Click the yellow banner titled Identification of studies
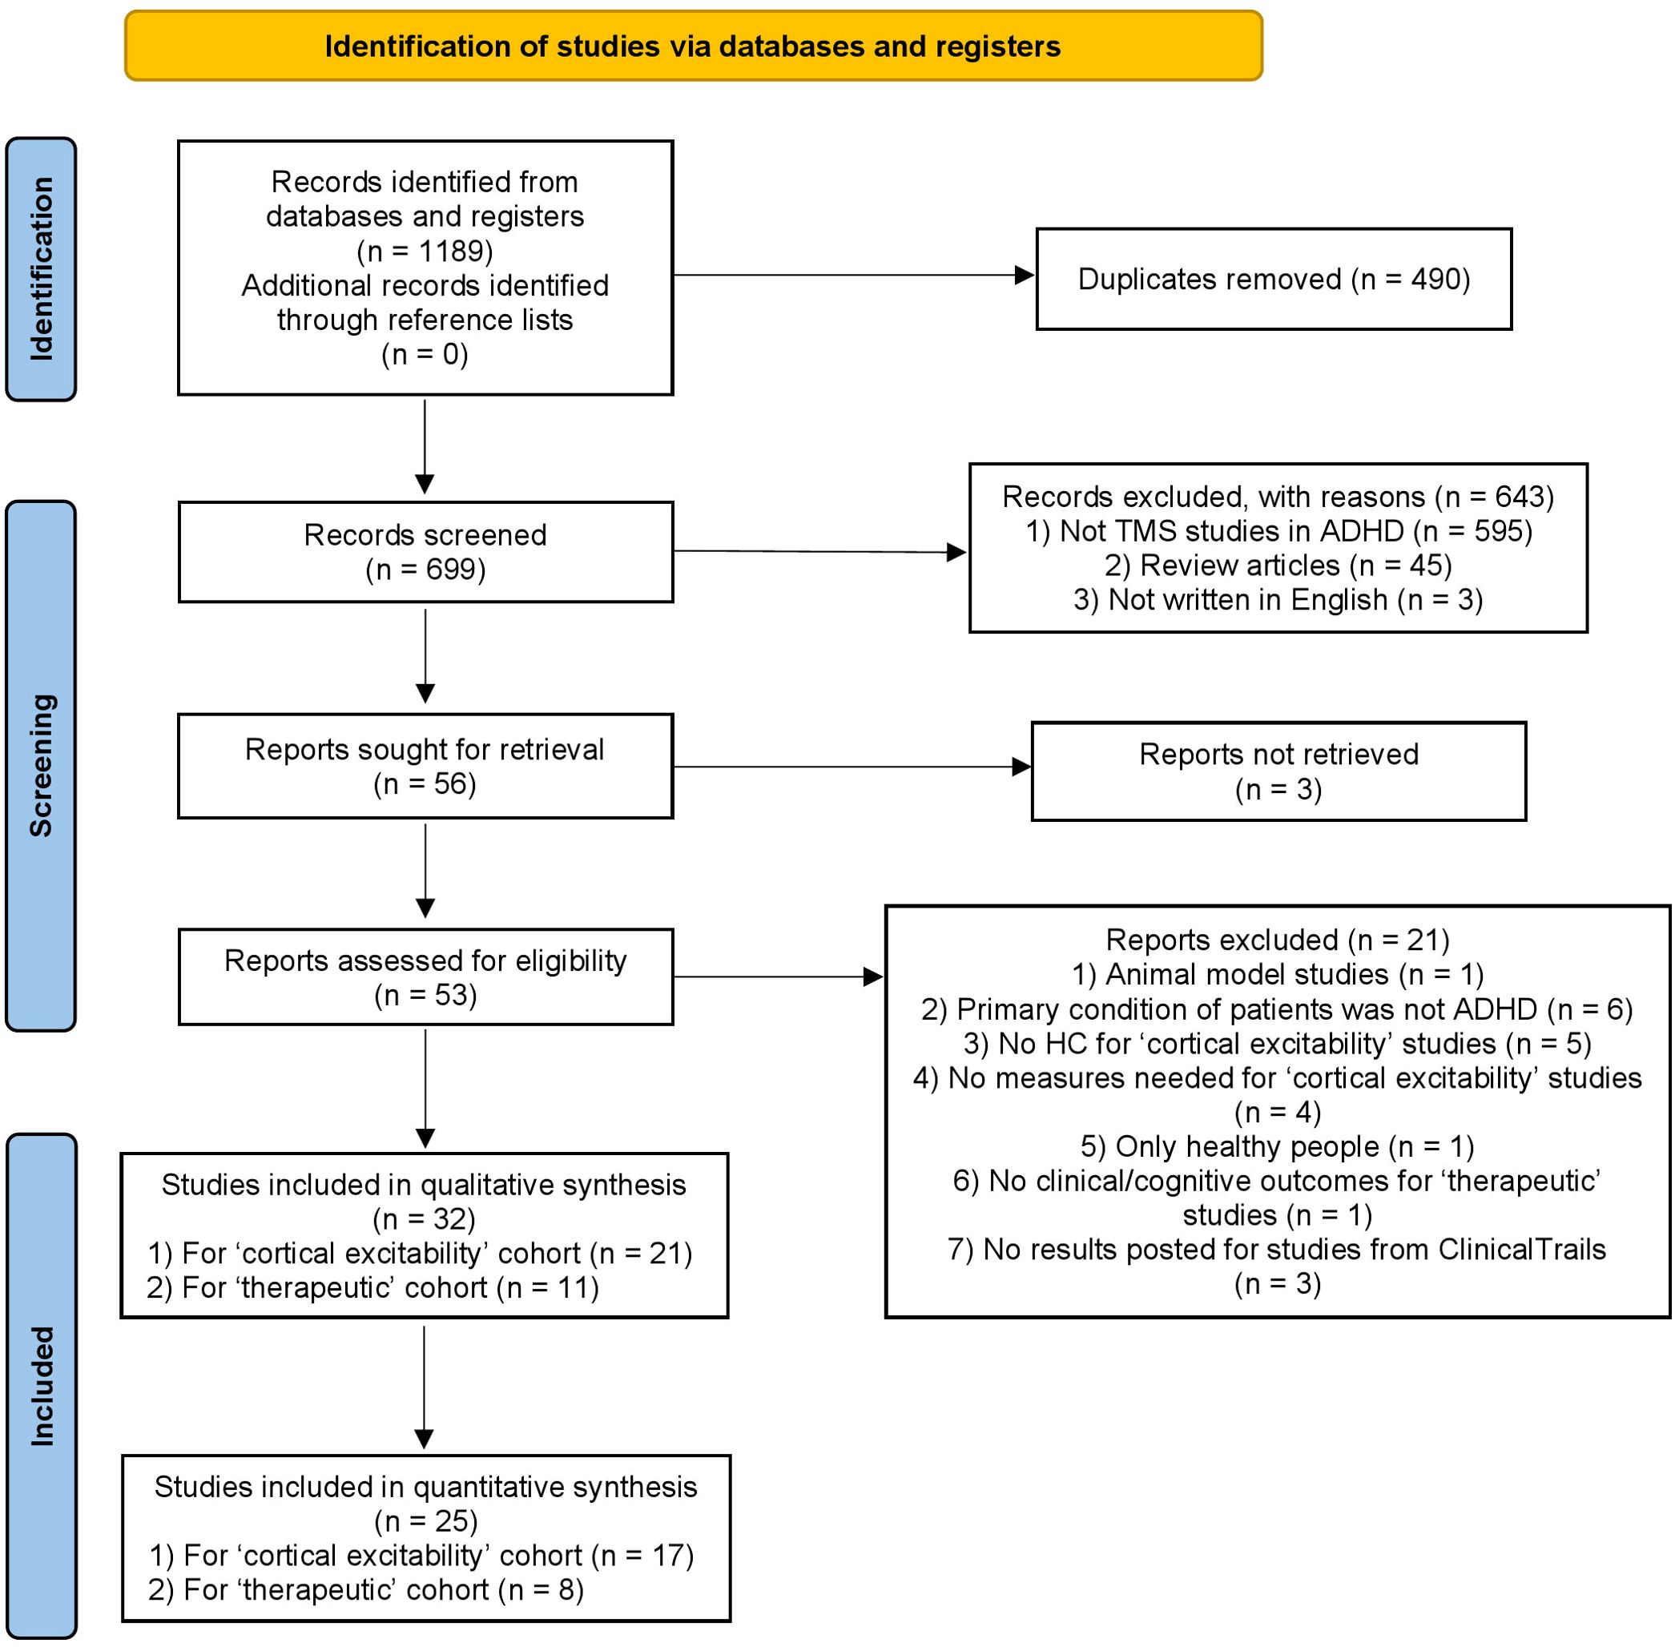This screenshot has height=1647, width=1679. pyautogui.click(x=693, y=46)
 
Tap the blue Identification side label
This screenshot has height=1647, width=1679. pyautogui.click(x=41, y=269)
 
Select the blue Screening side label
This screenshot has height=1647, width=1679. pyautogui.click(x=41, y=766)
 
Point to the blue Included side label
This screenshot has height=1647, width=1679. pyautogui.click(x=41, y=1386)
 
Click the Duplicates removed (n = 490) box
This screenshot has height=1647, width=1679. pyautogui.click(x=1274, y=280)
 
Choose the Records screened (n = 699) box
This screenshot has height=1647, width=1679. pyautogui.click(x=425, y=552)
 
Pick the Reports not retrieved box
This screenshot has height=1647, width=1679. pyautogui.click(x=1278, y=771)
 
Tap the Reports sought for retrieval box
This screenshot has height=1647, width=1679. pyautogui.click(x=425, y=767)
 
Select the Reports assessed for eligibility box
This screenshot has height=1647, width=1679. pyautogui.click(x=425, y=977)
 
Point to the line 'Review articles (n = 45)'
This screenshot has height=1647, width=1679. pyautogui.click(x=1278, y=565)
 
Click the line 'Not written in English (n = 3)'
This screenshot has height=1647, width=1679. pyautogui.click(x=1278, y=599)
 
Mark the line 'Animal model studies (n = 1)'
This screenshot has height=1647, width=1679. pyautogui.click(x=1278, y=974)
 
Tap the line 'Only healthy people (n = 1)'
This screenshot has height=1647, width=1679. pyautogui.click(x=1278, y=1146)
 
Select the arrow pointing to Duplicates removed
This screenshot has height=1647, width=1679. pyautogui.click(x=854, y=275)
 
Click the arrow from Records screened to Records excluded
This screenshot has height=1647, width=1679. pyautogui.click(x=820, y=551)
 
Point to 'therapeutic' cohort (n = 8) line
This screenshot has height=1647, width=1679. pyautogui.click(x=366, y=1589)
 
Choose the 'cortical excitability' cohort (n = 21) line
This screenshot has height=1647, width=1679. pyautogui.click(x=420, y=1253)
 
